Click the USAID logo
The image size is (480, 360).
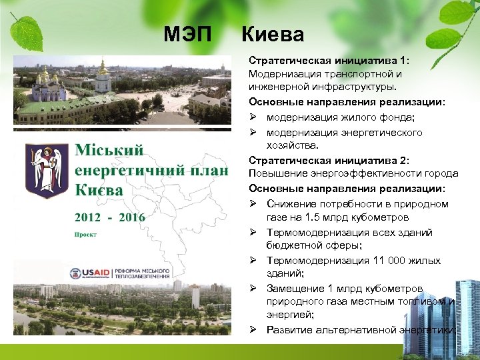click(x=89, y=273)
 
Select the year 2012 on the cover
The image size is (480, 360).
click(x=89, y=217)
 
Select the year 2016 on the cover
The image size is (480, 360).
click(x=131, y=217)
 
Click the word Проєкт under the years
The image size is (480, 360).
click(x=85, y=235)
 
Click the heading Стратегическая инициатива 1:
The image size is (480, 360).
click(x=329, y=60)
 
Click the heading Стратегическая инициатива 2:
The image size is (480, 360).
click(x=329, y=160)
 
